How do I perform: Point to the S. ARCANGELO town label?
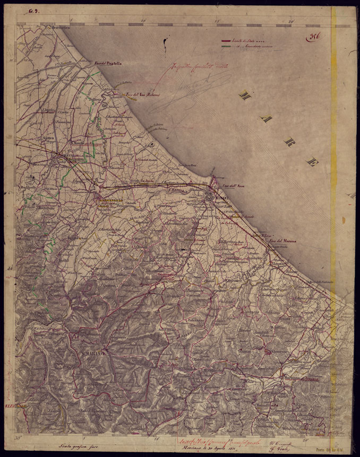(110, 200)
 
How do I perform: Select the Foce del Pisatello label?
(108, 63)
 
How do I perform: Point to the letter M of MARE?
(245, 95)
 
